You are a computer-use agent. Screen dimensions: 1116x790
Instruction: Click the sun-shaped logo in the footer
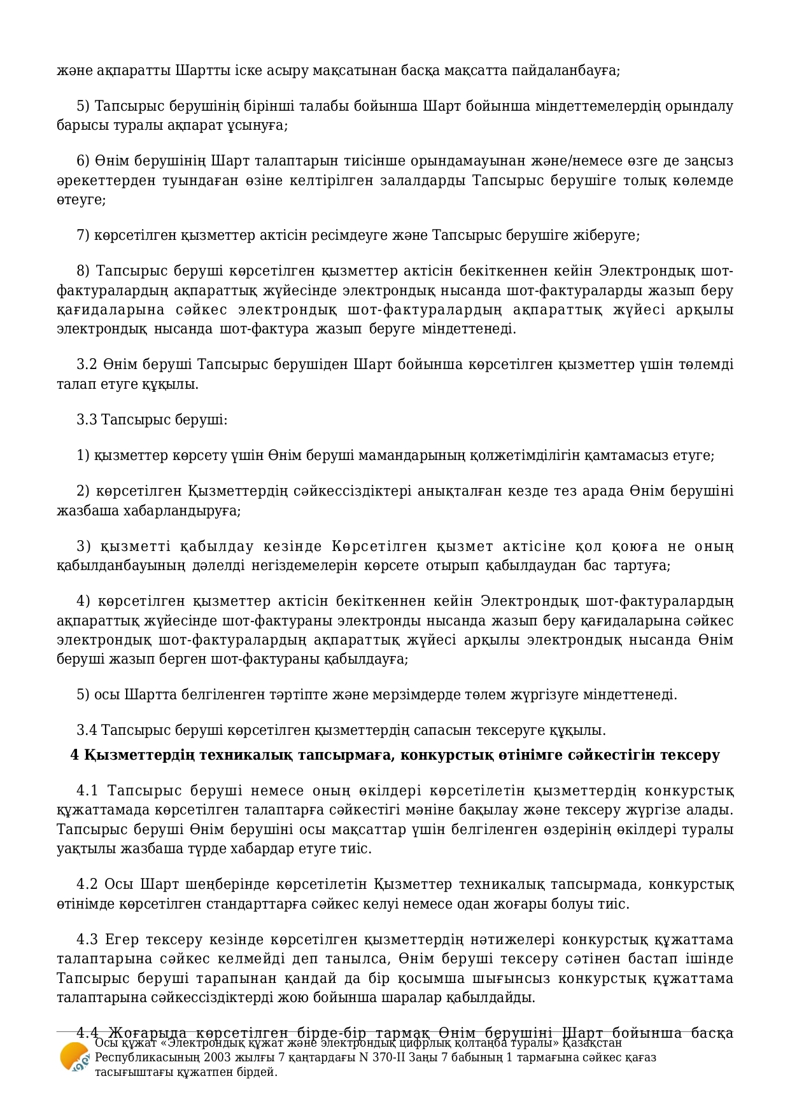[x=74, y=1057]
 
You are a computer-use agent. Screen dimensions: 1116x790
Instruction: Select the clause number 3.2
[x=87, y=365]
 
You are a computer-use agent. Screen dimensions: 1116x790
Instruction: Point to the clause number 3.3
[x=87, y=419]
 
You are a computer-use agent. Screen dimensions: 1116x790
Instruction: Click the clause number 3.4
[x=87, y=730]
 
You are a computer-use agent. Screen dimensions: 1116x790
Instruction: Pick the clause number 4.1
[x=88, y=791]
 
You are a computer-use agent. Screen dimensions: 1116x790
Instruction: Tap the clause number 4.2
[x=87, y=884]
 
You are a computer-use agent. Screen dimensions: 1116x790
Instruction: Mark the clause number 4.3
[x=87, y=940]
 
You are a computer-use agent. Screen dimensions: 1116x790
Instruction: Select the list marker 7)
[x=83, y=235]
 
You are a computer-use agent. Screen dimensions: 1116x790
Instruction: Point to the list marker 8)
[x=83, y=271]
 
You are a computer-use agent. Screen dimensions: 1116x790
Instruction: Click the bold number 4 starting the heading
[x=74, y=755]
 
